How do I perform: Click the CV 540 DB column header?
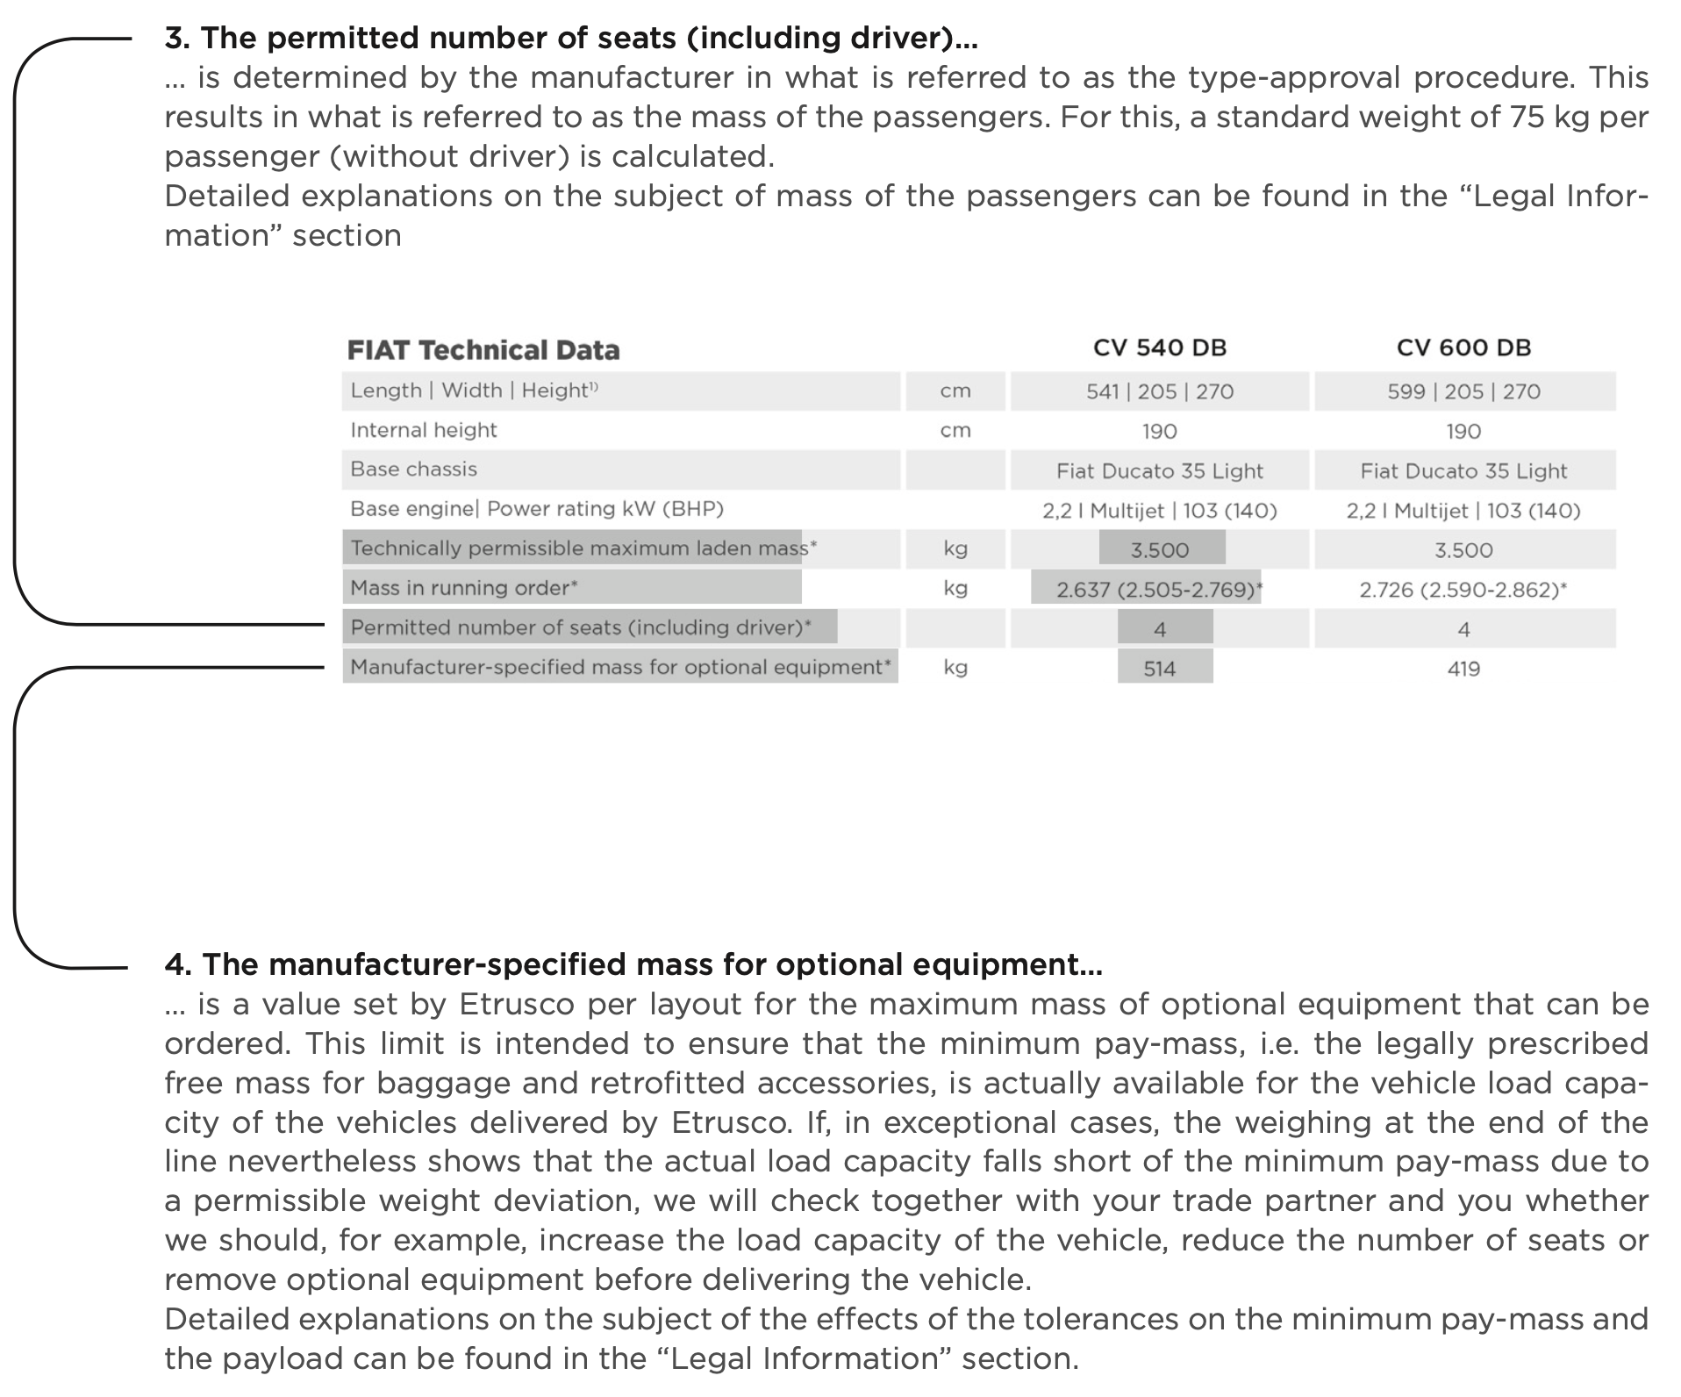(x=1159, y=347)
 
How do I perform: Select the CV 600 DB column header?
(x=1463, y=347)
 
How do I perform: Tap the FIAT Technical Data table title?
(x=483, y=350)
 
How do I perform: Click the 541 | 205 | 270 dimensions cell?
(x=1159, y=391)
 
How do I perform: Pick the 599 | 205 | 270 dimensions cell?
(x=1463, y=391)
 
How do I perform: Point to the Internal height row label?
(x=423, y=430)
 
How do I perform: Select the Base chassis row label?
(x=413, y=469)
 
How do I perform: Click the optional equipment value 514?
(x=1159, y=669)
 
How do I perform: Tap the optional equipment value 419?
(x=1463, y=669)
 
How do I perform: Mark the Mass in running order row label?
(x=463, y=588)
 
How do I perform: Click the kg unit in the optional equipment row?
(x=955, y=668)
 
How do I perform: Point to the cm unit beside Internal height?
(x=955, y=430)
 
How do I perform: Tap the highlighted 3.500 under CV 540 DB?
(x=1159, y=550)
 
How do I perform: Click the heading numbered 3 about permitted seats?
(x=570, y=38)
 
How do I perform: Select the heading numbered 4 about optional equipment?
(x=633, y=964)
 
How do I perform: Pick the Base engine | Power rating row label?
(x=536, y=509)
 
